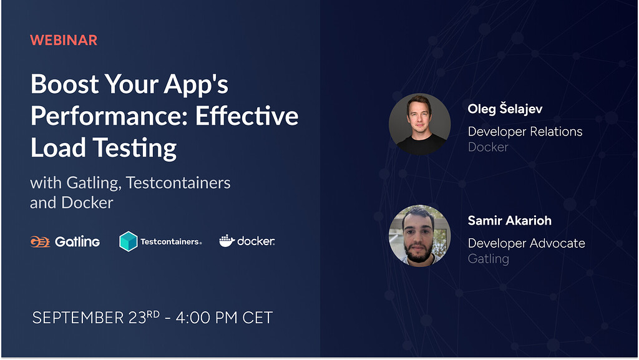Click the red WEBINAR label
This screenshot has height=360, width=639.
[x=64, y=41]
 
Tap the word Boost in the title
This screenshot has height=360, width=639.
[x=64, y=84]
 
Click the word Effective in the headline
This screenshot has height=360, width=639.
[x=246, y=115]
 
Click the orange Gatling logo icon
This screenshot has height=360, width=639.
[x=40, y=241]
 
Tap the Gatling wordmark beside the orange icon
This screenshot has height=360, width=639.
[x=77, y=242]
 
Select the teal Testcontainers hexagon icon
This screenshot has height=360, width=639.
[x=128, y=241]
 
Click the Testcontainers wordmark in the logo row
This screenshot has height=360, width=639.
[x=171, y=241]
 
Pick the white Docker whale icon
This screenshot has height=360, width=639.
[x=227, y=241]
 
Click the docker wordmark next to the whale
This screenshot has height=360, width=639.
[x=256, y=241]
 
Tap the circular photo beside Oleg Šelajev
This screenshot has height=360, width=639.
[x=420, y=124]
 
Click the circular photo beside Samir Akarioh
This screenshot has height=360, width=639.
[x=420, y=236]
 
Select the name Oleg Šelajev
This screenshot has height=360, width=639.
[x=505, y=109]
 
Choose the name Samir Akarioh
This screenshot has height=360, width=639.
[x=509, y=220]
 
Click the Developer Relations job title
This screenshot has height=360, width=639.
[x=525, y=132]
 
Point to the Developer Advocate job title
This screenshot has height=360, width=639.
[x=526, y=243]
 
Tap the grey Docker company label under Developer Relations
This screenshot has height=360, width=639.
[x=488, y=147]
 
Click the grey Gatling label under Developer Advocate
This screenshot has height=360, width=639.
[x=488, y=259]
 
